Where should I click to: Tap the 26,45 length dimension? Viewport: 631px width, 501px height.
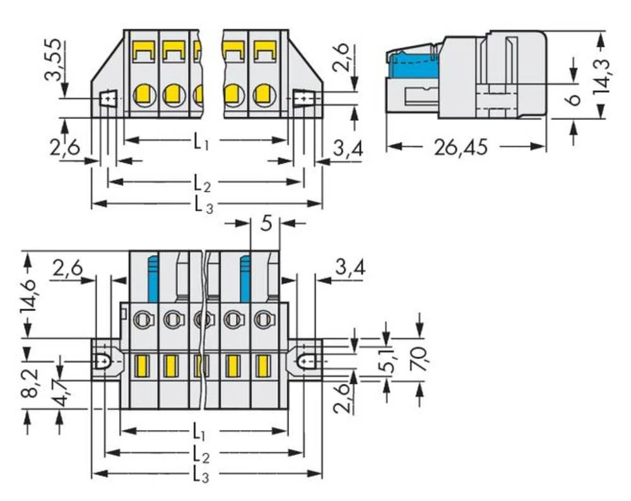point(460,147)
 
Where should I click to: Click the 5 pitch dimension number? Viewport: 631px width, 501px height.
point(266,223)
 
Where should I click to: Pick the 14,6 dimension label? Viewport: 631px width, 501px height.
point(28,294)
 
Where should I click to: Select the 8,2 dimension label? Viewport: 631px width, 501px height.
point(28,382)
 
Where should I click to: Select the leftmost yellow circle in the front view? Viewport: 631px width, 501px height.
point(143,95)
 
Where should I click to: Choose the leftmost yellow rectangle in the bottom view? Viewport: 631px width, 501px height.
point(142,366)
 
